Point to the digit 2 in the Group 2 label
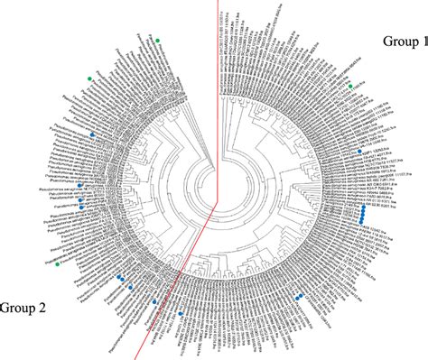(42, 308)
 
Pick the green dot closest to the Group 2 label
(57, 265)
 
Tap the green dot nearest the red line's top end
(156, 40)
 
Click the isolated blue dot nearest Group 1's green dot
(359, 150)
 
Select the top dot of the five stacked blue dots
(363, 207)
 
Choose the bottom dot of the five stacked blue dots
(363, 221)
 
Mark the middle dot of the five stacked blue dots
(363, 214)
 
